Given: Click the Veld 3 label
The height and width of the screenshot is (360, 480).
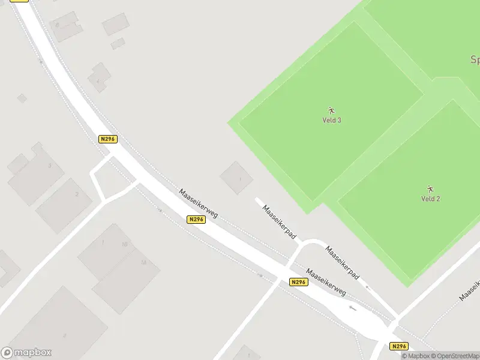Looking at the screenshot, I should point(332,120).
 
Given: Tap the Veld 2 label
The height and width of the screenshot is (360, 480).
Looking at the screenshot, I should point(430,199).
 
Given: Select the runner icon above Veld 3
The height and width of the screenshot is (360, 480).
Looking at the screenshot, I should point(331,110).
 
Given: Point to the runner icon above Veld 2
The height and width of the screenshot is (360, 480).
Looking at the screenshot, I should point(430,189).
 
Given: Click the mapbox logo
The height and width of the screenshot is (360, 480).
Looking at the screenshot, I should point(26,353).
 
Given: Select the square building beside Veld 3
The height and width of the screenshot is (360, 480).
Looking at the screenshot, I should point(237,178).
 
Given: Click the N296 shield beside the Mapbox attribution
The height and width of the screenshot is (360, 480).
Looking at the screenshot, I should point(398,346).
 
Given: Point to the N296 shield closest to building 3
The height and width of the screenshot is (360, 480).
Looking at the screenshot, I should point(107,139).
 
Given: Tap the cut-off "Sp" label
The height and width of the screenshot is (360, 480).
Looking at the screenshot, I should point(474,59).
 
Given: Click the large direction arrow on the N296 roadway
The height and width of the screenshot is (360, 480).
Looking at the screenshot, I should point(352,308).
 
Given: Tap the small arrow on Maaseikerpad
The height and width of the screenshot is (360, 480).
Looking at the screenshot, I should point(367,288).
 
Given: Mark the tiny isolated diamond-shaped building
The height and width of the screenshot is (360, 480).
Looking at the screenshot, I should point(22,98).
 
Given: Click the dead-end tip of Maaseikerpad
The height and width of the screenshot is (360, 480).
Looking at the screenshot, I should point(257,199).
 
